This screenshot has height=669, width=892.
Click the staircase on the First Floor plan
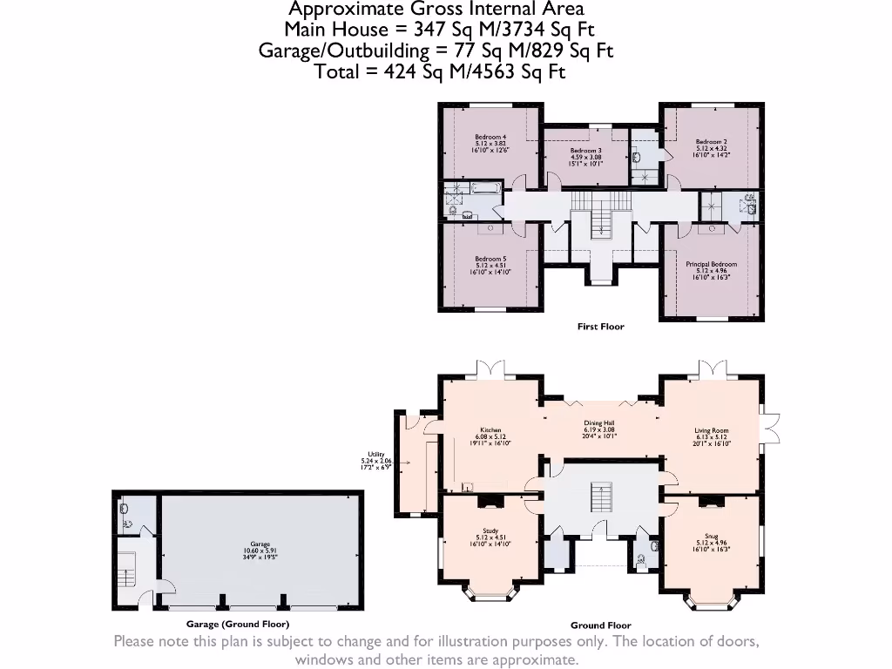(599, 224)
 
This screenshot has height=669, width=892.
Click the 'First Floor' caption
(600, 327)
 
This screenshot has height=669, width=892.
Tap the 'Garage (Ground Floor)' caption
(237, 625)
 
